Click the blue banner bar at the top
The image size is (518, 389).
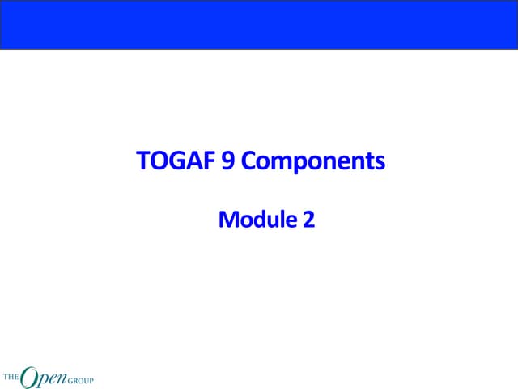coord(259,24)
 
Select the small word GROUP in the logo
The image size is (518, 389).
coord(80,378)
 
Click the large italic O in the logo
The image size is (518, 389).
coord(28,375)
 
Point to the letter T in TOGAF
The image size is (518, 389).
coord(144,162)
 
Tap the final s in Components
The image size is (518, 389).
coord(380,164)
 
